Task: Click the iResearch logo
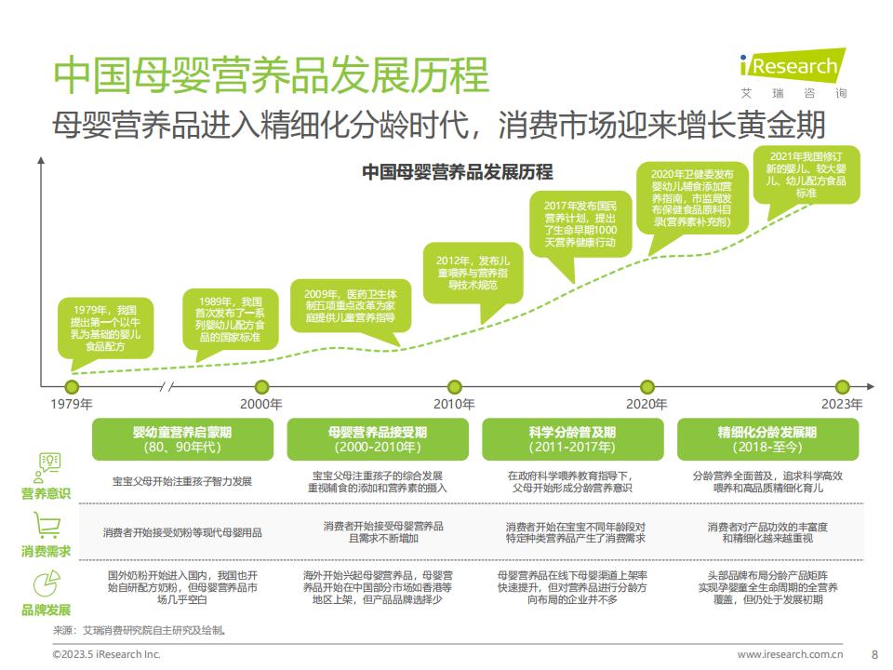[793, 74]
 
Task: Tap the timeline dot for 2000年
[262, 387]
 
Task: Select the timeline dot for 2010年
[455, 387]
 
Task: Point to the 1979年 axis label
[72, 404]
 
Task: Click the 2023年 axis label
[842, 404]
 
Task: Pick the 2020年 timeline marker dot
[647, 387]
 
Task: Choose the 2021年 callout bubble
[806, 178]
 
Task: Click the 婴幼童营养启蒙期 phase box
[182, 439]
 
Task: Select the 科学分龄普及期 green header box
[572, 439]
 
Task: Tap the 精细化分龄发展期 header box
[767, 439]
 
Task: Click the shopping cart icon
[47, 525]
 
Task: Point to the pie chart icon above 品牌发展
[47, 584]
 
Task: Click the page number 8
[874, 654]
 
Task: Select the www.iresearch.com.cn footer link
[790, 654]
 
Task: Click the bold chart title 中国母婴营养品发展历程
[458, 171]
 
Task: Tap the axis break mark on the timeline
[167, 387]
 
